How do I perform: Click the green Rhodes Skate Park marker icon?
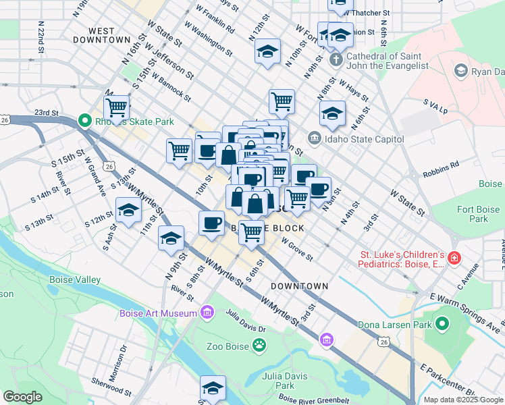tap(84, 122)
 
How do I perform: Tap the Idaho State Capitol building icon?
tap(315, 139)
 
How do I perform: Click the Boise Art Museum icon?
tap(207, 313)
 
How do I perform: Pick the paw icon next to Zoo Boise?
tap(259, 346)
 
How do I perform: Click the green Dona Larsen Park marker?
tap(442, 325)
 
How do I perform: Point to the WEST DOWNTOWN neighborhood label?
tap(109, 35)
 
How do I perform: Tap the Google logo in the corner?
tap(22, 397)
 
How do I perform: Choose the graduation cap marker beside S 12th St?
tap(128, 211)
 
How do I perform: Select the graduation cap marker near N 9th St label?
tap(171, 239)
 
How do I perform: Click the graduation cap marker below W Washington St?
tap(267, 52)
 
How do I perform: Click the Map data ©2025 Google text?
tap(463, 400)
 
